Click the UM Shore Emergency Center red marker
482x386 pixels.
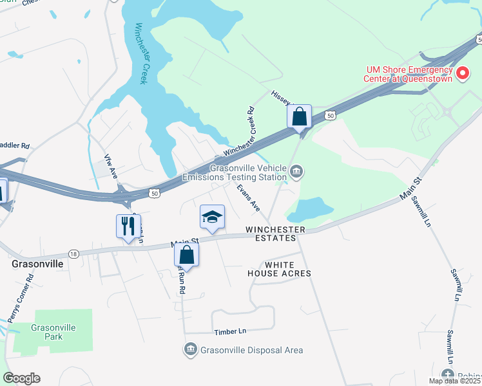coord(463,74)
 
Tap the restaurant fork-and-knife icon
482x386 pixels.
coord(128,226)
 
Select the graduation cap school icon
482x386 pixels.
coord(212,217)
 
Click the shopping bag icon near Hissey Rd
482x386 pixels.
coord(299,117)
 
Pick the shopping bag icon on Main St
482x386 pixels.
coord(186,254)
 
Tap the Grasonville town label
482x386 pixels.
coord(37,264)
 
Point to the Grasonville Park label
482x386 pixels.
coord(53,332)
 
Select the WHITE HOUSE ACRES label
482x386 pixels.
coord(279,269)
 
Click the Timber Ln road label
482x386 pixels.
coord(230,331)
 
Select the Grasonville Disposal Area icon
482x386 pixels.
coord(190,349)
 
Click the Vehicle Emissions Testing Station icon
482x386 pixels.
coord(296,170)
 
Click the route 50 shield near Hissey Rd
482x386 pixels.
coord(330,115)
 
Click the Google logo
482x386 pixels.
coord(21,378)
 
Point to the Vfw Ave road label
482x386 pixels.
coord(110,165)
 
